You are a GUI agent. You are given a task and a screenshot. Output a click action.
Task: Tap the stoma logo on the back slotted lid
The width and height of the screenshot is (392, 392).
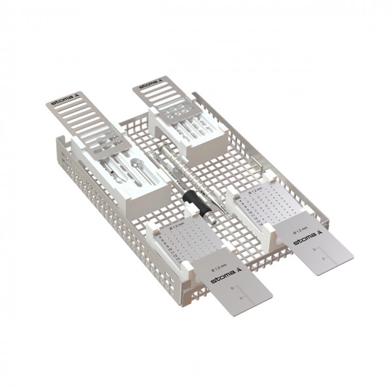click(x=150, y=85)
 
